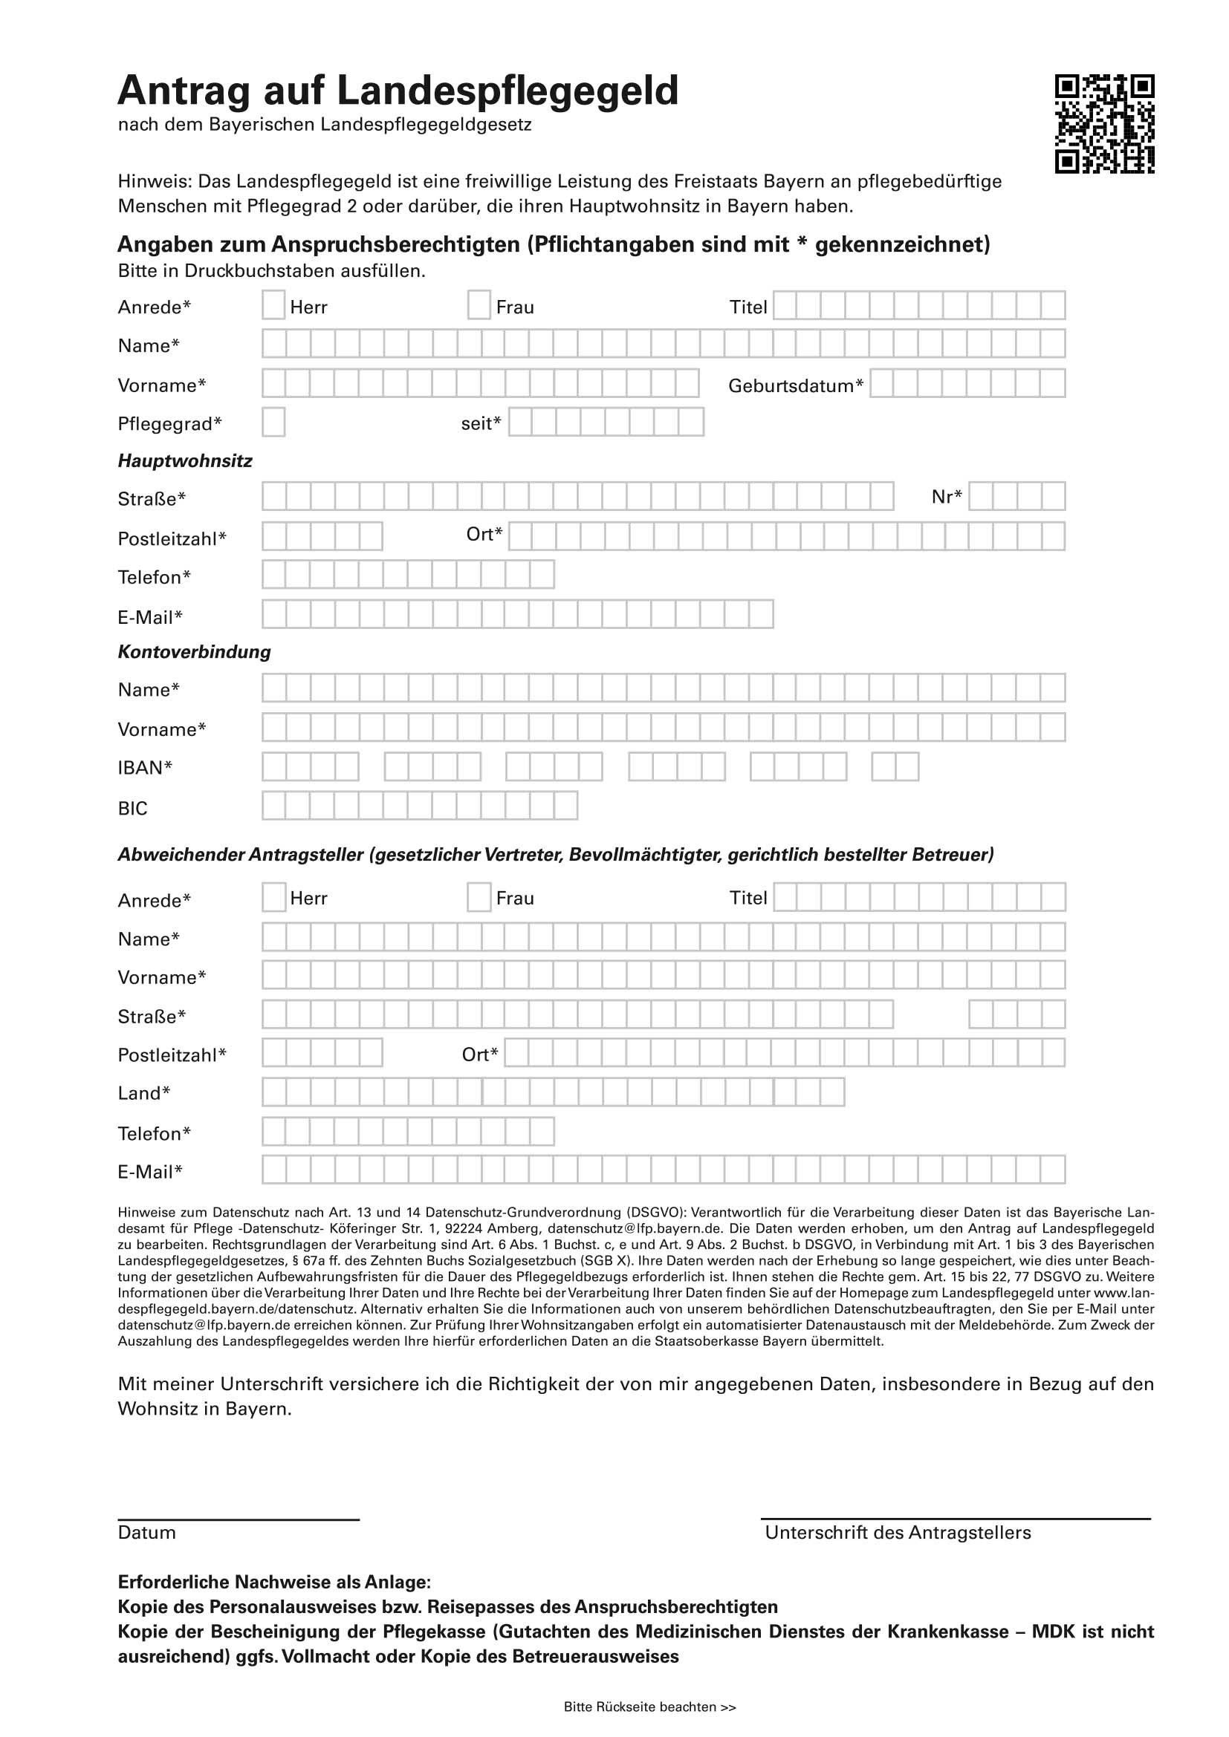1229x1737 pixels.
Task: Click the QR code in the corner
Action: point(1104,124)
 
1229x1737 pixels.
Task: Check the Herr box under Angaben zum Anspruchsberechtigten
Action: point(274,305)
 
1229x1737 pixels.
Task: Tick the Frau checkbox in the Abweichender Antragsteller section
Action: point(479,897)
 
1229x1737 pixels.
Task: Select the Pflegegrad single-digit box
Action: point(274,422)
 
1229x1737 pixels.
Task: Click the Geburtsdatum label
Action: point(795,386)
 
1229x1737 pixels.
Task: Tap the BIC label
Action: point(132,809)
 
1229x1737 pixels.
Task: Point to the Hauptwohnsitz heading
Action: point(185,460)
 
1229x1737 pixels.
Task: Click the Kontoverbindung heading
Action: point(194,651)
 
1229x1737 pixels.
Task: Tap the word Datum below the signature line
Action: point(147,1532)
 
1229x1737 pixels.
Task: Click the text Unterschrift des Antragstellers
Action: point(898,1532)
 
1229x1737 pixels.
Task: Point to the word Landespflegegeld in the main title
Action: point(507,91)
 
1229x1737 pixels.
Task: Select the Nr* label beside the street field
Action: point(947,496)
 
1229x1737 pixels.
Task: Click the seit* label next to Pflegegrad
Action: point(481,423)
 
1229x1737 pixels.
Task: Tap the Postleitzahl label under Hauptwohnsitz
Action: point(172,538)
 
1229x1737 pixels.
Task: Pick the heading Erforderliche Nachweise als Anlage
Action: point(274,1581)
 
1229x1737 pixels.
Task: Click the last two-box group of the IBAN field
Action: point(895,766)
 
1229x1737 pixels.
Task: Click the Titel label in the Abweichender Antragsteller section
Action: point(748,898)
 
